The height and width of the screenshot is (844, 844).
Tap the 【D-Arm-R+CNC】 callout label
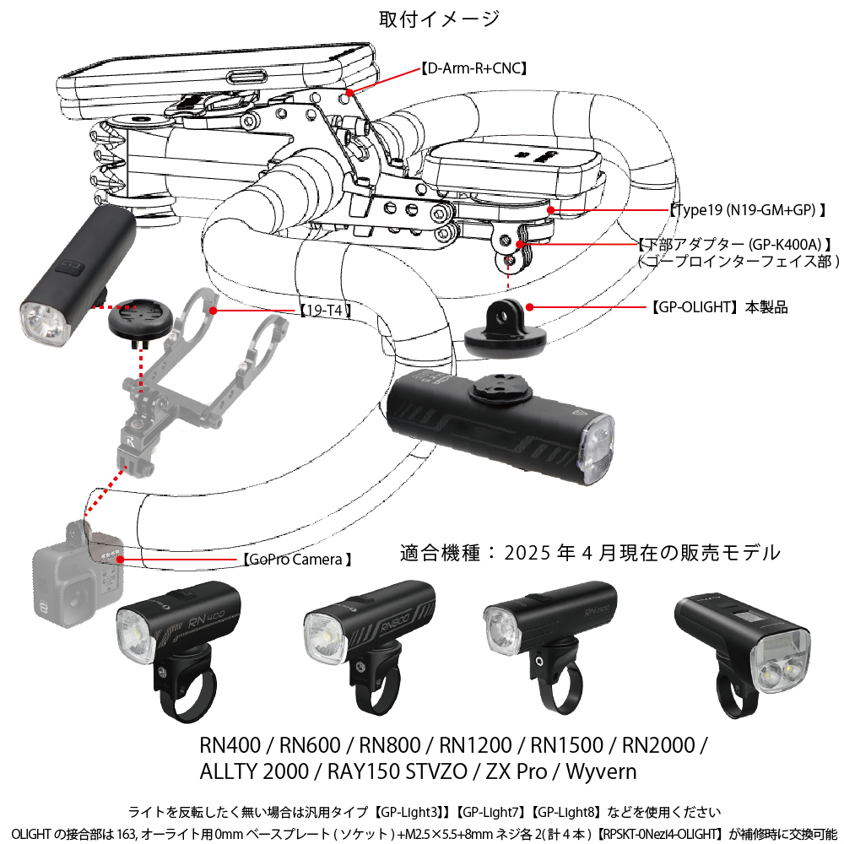tap(473, 69)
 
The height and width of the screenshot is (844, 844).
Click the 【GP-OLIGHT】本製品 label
tap(717, 307)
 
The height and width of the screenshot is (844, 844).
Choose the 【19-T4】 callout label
tap(326, 311)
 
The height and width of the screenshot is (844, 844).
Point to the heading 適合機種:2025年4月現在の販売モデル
tap(590, 554)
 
